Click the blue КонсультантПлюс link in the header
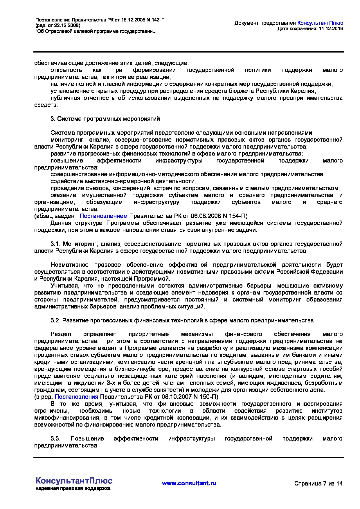pos(320,23)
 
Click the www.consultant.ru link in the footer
pos(189,483)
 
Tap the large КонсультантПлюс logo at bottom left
pos(74,480)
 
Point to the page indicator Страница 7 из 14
pos(318,483)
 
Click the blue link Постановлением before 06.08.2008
pos(103,216)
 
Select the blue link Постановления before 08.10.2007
pos(76,397)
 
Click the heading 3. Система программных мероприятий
pos(105,119)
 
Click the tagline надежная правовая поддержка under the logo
pos(73,488)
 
